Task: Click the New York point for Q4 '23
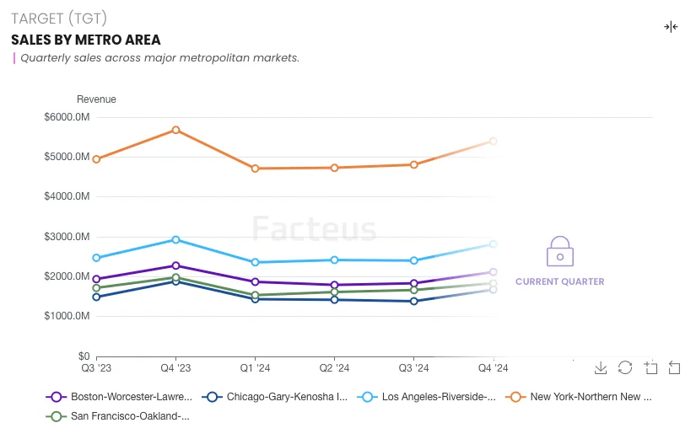[x=175, y=130]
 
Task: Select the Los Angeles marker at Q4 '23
[x=175, y=240]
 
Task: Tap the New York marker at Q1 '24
[x=255, y=169]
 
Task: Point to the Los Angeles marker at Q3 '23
[x=96, y=258]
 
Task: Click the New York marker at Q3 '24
[x=413, y=165]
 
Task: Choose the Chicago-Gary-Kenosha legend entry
[x=278, y=396]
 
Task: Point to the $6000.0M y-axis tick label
[x=67, y=117]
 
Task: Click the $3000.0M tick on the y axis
[x=67, y=237]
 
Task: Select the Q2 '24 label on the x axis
[x=334, y=368]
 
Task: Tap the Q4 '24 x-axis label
[x=493, y=368]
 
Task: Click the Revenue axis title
[x=96, y=99]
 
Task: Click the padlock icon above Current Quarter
[x=559, y=253]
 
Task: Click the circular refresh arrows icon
[x=625, y=367]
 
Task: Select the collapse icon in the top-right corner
[x=671, y=27]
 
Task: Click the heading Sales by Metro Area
[x=86, y=40]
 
